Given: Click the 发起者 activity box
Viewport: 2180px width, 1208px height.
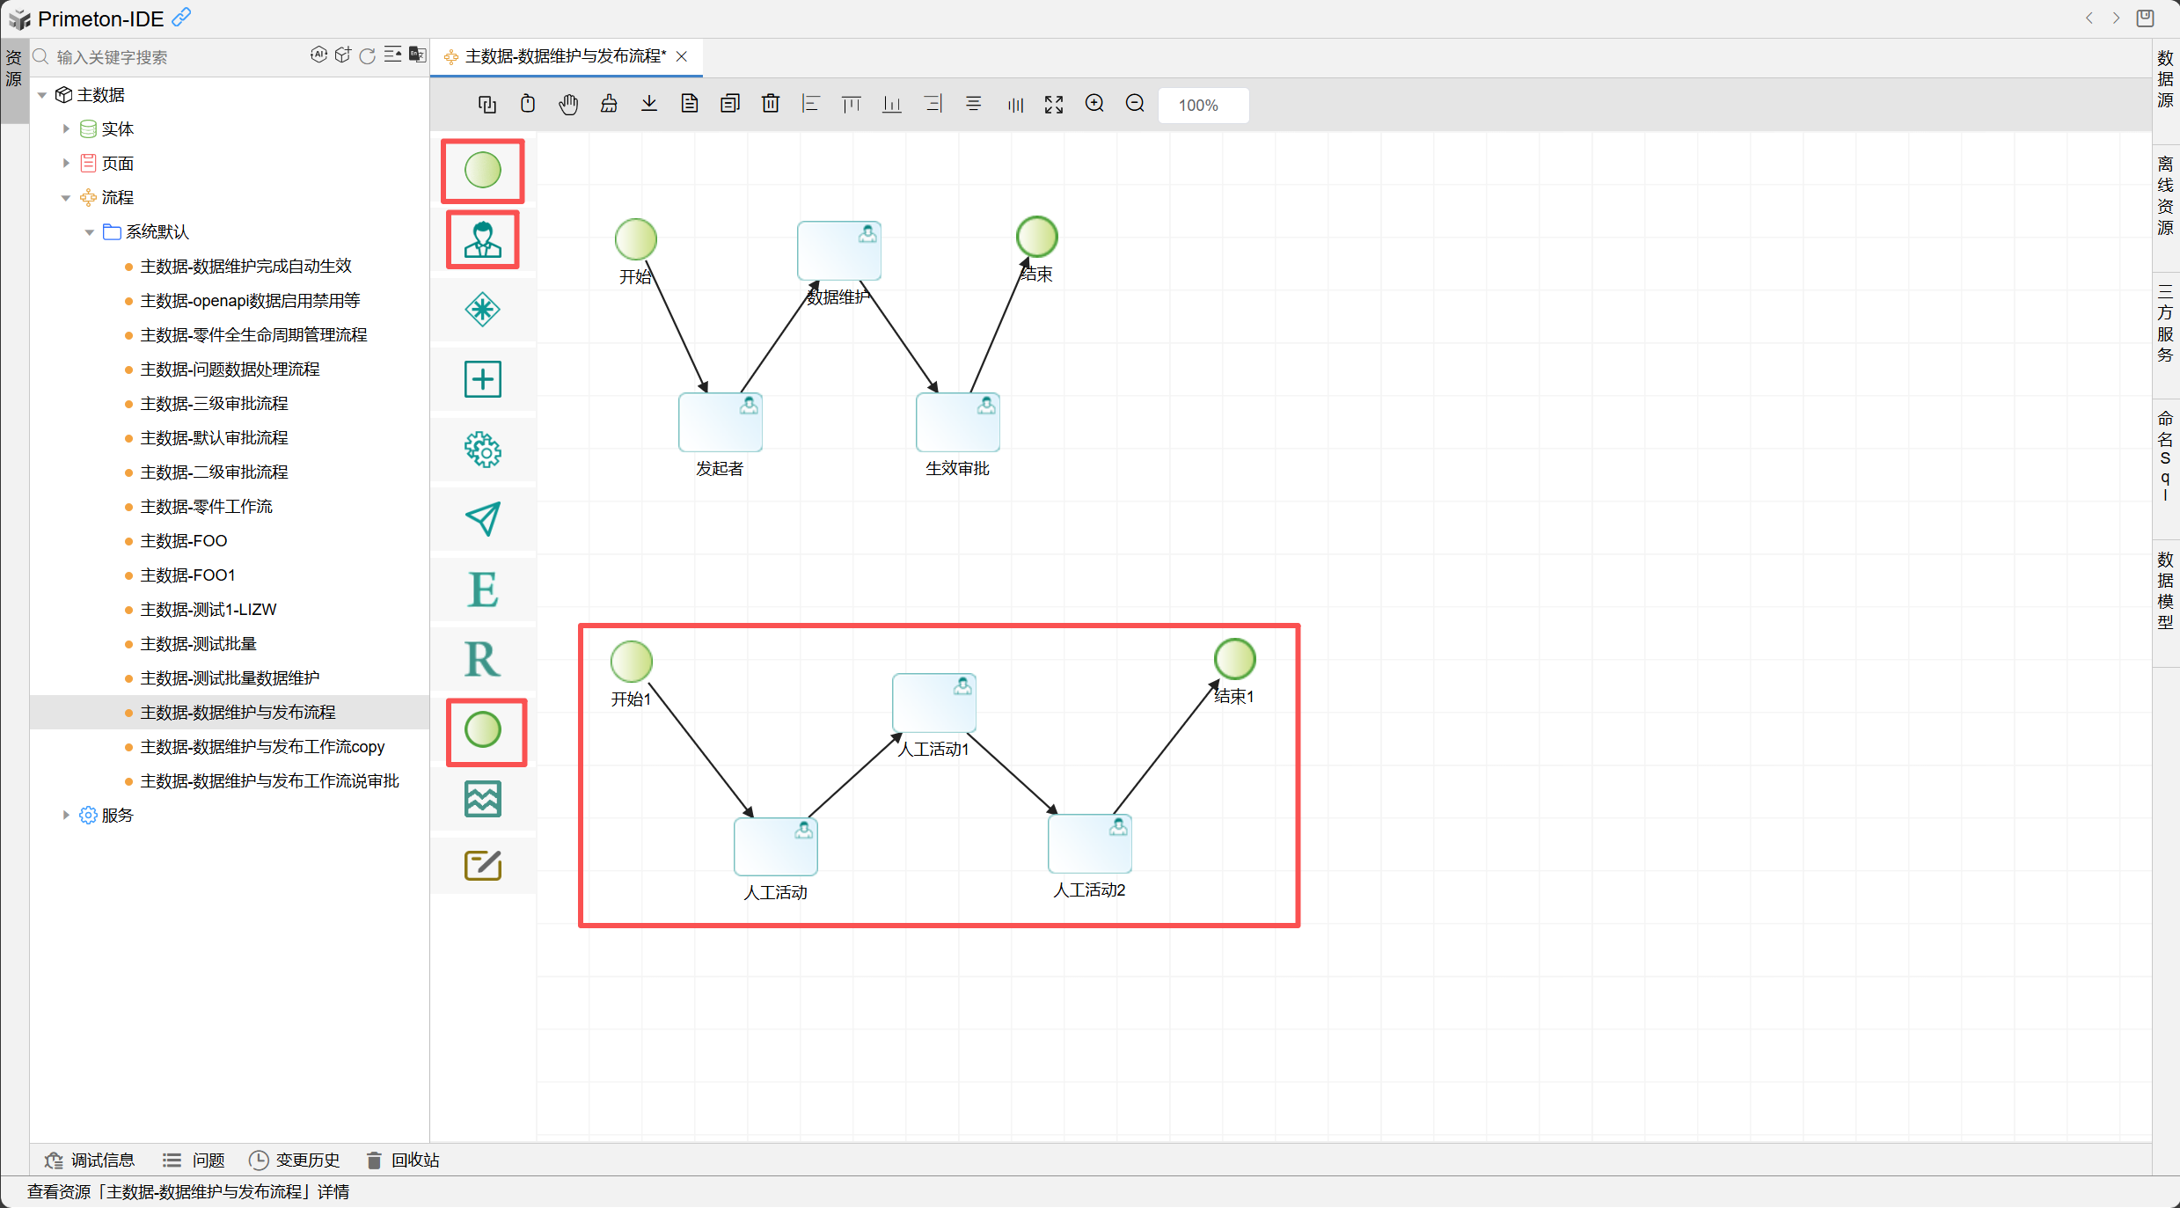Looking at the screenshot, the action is coord(720,422).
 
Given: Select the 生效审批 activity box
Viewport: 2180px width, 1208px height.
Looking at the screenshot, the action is coord(957,422).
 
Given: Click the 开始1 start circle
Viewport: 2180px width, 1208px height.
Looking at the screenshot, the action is coord(631,662).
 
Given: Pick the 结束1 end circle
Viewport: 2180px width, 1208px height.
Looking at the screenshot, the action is coord(1234,659).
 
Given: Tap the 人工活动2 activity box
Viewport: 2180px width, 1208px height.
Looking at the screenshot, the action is coord(1089,844).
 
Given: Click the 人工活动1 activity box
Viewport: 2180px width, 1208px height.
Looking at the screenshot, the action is coord(933,702).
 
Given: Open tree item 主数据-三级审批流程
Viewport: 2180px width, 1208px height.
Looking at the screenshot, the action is coord(214,404).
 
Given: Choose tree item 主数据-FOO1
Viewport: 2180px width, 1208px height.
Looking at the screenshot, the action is coord(187,575).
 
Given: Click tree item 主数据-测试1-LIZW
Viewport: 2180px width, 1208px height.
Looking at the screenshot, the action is coord(208,610).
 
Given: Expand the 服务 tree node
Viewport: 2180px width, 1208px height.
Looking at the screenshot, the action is coord(66,816).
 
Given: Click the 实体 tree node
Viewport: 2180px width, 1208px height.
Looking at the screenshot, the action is coord(117,129).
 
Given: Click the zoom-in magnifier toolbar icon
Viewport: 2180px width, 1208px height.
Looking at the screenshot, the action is coord(1094,104).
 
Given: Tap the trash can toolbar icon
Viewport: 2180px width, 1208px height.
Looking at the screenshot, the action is coord(771,104).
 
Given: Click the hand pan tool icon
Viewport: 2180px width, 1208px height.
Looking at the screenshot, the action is coord(568,104).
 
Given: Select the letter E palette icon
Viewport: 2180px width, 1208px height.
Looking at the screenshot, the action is coord(483,589).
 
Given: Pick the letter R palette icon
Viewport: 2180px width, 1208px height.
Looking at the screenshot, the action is coord(483,659).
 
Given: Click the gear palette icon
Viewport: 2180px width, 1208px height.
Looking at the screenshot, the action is coord(483,450).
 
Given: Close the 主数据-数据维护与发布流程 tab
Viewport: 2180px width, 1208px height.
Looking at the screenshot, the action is coord(682,57).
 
